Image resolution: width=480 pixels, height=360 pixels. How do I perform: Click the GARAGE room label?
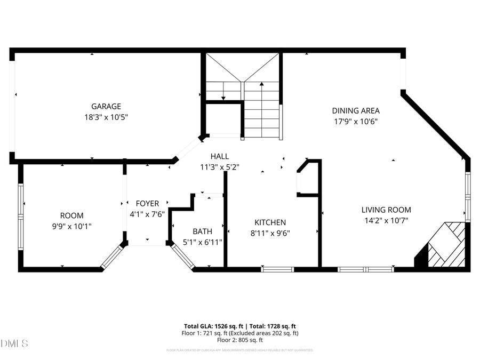pyautogui.click(x=106, y=106)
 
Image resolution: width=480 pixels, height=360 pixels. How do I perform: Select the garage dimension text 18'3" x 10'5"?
pyautogui.click(x=106, y=116)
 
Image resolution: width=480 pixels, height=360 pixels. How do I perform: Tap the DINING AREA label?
pyautogui.click(x=356, y=111)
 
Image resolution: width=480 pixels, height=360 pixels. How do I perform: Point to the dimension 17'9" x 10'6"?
pyautogui.click(x=356, y=121)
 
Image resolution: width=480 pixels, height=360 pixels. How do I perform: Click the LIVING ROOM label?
pyautogui.click(x=386, y=210)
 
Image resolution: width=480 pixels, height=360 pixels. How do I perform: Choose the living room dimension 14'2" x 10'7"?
pyautogui.click(x=386, y=220)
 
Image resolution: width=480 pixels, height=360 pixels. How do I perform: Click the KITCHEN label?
pyautogui.click(x=270, y=222)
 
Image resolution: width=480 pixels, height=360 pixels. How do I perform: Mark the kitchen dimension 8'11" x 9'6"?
pyautogui.click(x=270, y=233)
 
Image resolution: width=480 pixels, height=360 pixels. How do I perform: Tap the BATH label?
pyautogui.click(x=202, y=231)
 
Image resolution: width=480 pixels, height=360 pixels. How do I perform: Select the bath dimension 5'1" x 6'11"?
pyautogui.click(x=202, y=242)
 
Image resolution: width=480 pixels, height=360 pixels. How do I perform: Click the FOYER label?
pyautogui.click(x=147, y=203)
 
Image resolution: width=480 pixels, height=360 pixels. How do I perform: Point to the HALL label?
pyautogui.click(x=219, y=156)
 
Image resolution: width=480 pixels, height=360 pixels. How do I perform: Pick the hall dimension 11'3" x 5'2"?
pyautogui.click(x=219, y=166)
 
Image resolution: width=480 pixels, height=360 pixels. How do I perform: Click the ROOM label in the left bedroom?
pyautogui.click(x=71, y=215)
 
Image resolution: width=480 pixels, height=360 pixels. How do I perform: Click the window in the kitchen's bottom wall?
pyautogui.click(x=277, y=269)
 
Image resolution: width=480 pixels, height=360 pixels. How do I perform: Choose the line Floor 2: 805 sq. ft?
pyautogui.click(x=240, y=340)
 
